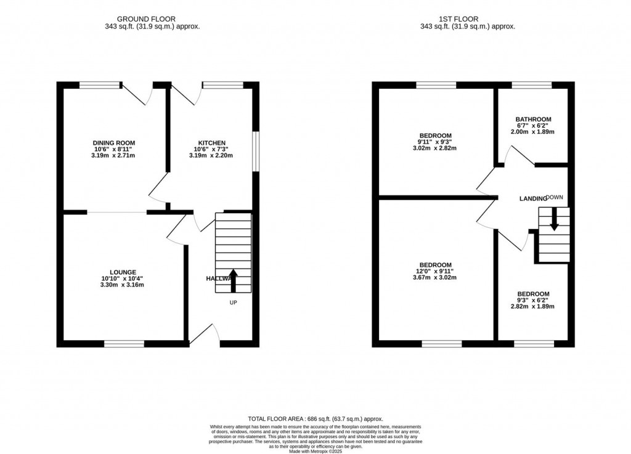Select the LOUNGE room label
[x=123, y=272]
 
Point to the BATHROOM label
[x=533, y=120]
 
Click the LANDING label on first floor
[x=532, y=198]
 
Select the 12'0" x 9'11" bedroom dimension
[x=435, y=270]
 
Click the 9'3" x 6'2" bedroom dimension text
[x=533, y=300]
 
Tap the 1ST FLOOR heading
[x=467, y=19]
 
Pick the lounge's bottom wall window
[x=124, y=344]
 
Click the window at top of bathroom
[x=531, y=85]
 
